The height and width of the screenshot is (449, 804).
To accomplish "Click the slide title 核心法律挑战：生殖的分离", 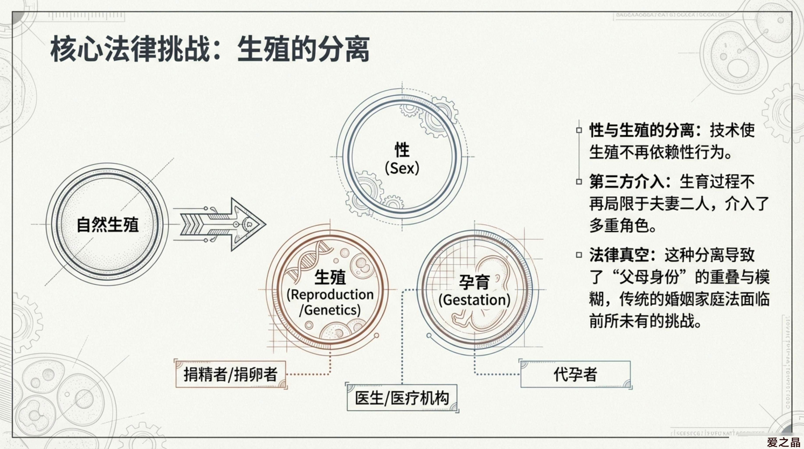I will tap(210, 49).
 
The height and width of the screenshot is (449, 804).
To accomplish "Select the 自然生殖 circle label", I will tap(108, 224).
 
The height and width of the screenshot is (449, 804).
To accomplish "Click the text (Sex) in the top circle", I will tap(402, 168).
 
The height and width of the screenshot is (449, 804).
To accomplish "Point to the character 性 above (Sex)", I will tap(402, 150).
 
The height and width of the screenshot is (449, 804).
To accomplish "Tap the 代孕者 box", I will tap(575, 374).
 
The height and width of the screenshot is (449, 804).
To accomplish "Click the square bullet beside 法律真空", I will tap(579, 255).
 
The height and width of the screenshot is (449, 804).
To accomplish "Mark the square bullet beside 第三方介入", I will tap(579, 181).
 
